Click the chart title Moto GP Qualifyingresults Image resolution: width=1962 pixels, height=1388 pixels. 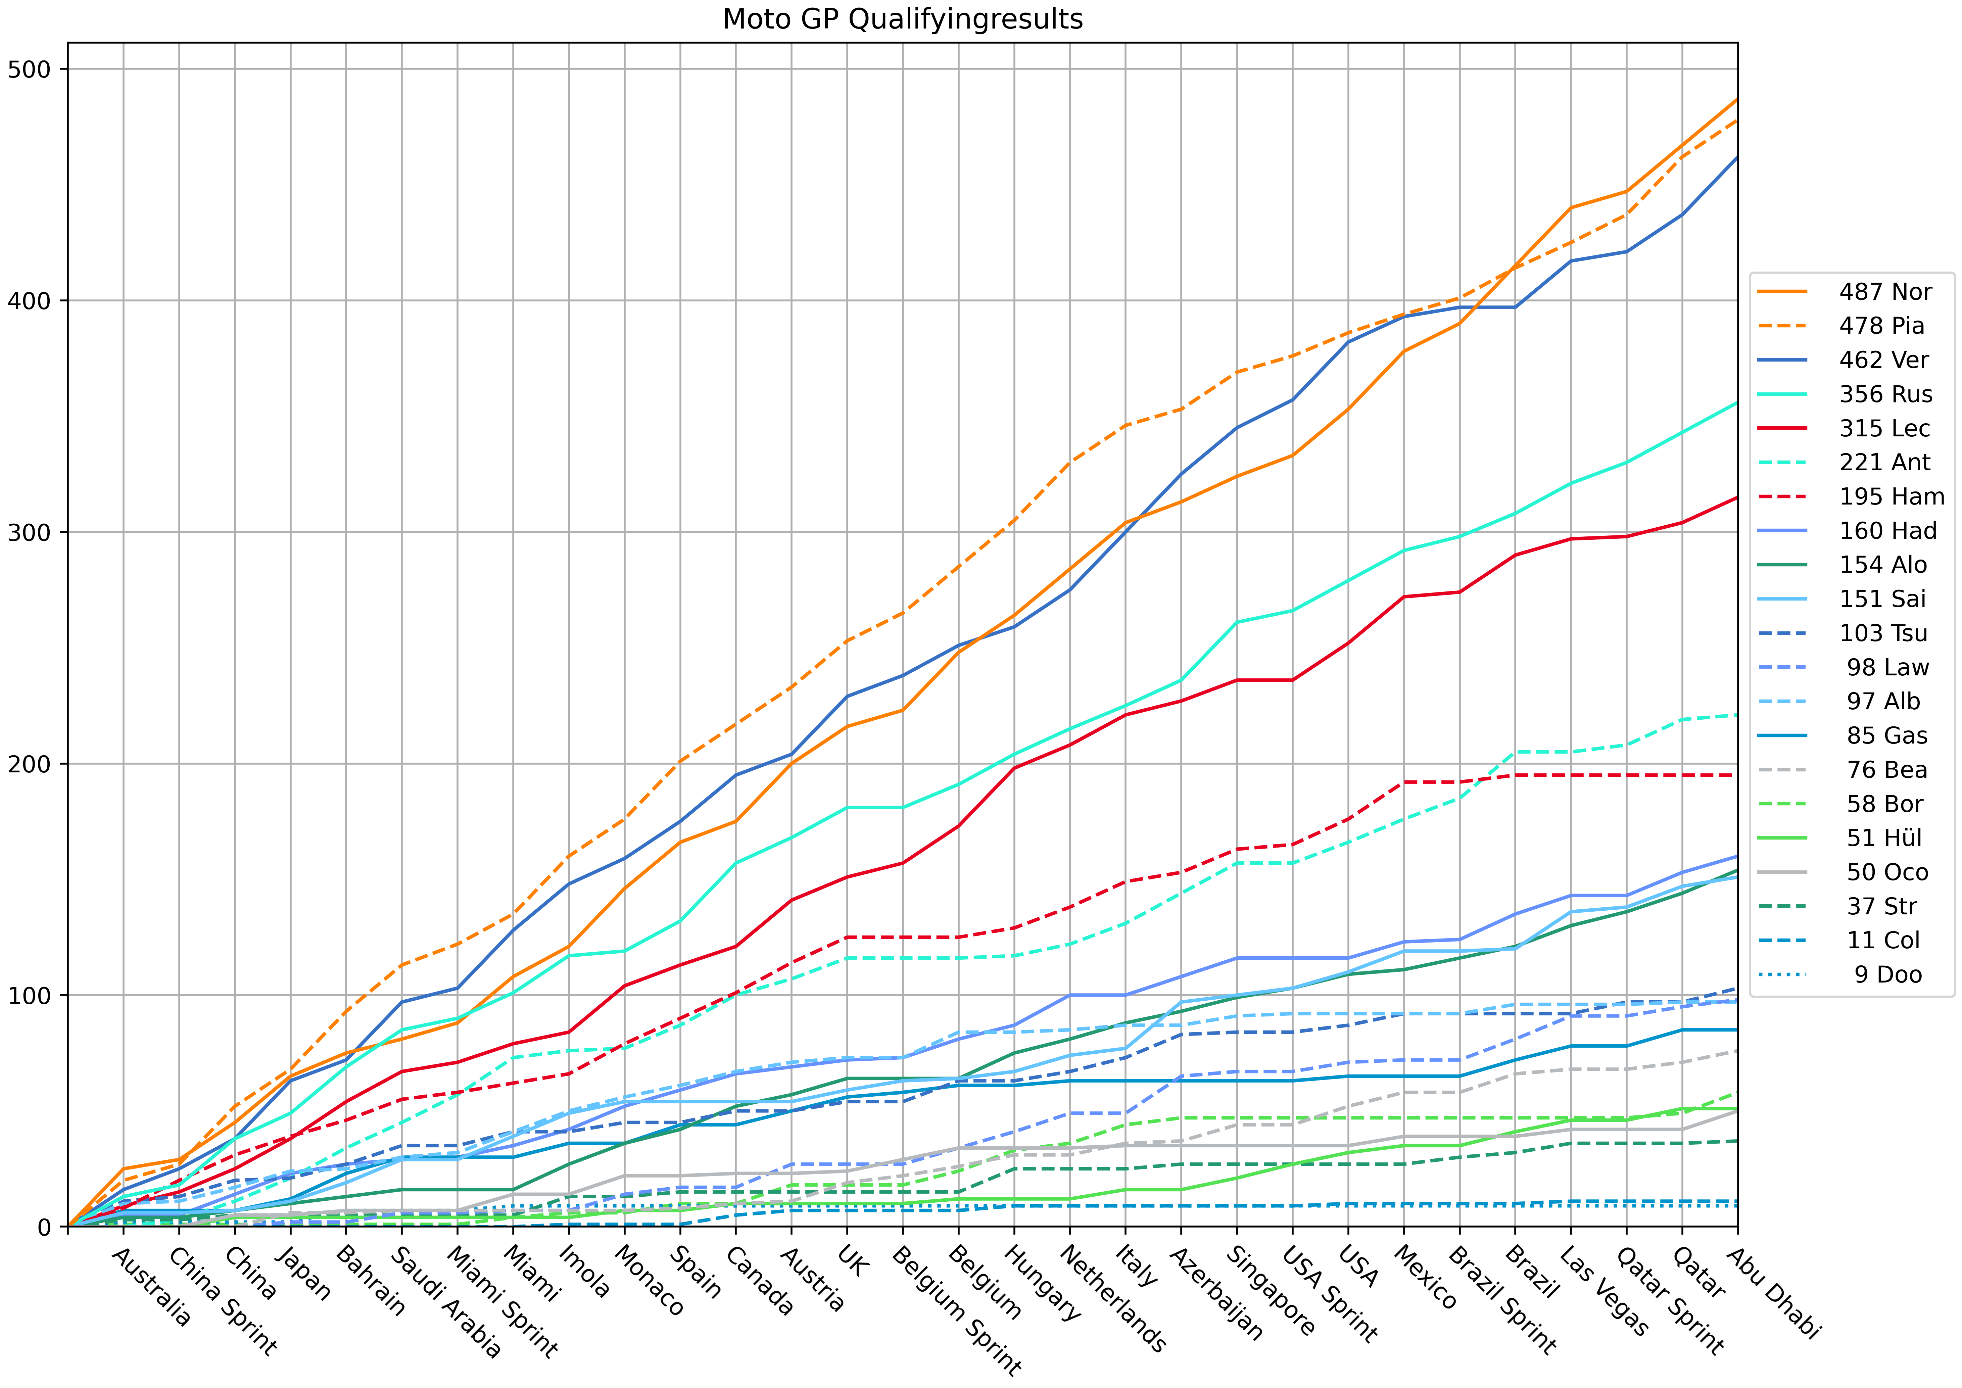902,19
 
